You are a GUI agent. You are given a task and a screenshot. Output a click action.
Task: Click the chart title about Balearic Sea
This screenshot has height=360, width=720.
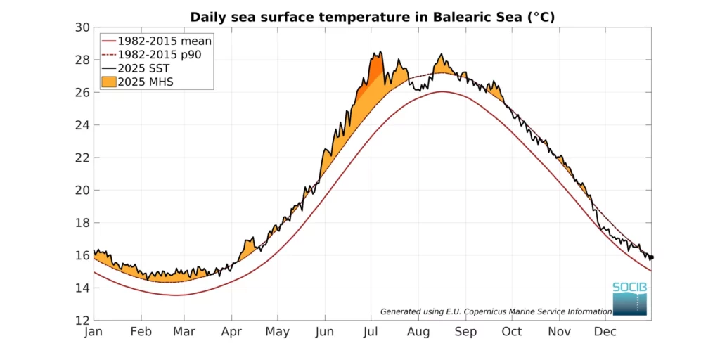click(x=372, y=17)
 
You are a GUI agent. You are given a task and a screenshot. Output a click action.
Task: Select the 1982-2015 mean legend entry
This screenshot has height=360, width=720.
click(x=164, y=41)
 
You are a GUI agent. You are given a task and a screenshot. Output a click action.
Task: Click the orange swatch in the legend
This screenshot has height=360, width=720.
click(x=108, y=82)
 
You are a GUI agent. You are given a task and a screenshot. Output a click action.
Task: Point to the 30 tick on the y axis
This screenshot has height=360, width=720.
click(x=83, y=27)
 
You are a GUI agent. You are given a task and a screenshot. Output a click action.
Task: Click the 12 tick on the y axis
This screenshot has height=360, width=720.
click(x=83, y=320)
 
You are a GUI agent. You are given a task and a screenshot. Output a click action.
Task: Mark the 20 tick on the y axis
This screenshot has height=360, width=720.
click(x=83, y=190)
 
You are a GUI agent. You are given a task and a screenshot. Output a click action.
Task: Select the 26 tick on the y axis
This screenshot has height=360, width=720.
click(x=83, y=92)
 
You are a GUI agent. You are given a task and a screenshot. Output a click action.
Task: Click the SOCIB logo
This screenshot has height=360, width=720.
click(x=629, y=298)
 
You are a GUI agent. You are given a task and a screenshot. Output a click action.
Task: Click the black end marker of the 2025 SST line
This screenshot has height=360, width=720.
click(x=651, y=257)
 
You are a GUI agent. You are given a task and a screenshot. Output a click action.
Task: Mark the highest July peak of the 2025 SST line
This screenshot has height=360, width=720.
click(x=380, y=52)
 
